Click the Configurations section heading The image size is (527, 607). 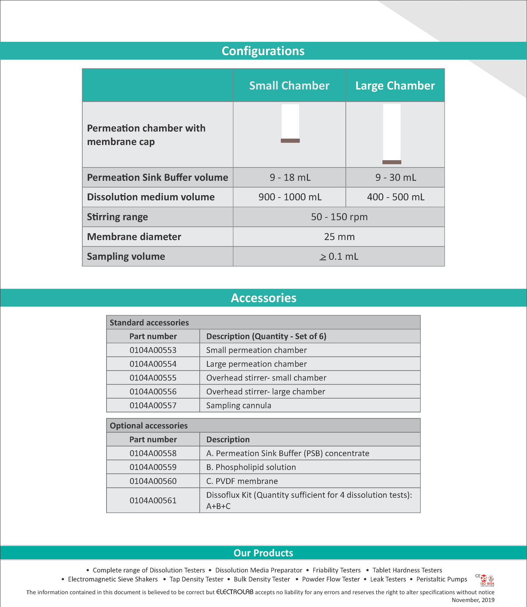263,51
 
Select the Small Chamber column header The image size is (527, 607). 289,86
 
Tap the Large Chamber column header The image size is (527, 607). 395,86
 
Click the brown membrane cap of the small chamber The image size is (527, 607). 290,141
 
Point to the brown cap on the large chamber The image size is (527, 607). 392,162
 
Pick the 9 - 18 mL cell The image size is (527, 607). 290,177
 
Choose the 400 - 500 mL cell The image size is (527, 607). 395,197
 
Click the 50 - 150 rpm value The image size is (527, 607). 339,217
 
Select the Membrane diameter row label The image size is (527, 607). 134,237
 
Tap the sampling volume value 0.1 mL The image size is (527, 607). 339,257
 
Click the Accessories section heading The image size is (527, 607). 263,298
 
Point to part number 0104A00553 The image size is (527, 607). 153,350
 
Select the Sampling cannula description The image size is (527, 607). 238,406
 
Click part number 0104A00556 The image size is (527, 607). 153,392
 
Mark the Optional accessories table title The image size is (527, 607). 149,426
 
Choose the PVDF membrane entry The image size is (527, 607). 242,481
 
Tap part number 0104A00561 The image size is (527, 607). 153,501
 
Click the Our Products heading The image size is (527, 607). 263,553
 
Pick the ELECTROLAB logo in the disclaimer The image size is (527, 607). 235,592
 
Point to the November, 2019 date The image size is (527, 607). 473,600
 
